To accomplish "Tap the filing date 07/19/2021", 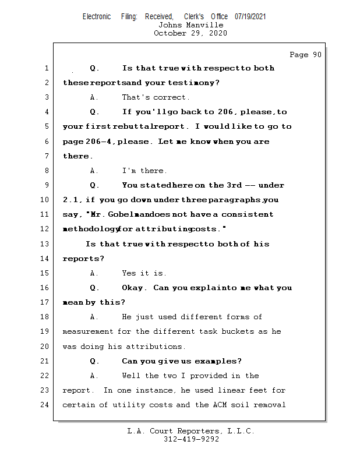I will [x=250, y=17].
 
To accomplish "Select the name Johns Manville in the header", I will [x=190, y=25].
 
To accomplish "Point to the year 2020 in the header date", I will [x=217, y=33].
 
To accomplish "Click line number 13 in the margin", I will [x=46, y=244].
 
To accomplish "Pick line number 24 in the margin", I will [x=46, y=405].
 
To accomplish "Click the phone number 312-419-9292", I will [x=190, y=439].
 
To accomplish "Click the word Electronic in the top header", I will [x=97, y=17].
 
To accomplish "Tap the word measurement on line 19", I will [x=87, y=331].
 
